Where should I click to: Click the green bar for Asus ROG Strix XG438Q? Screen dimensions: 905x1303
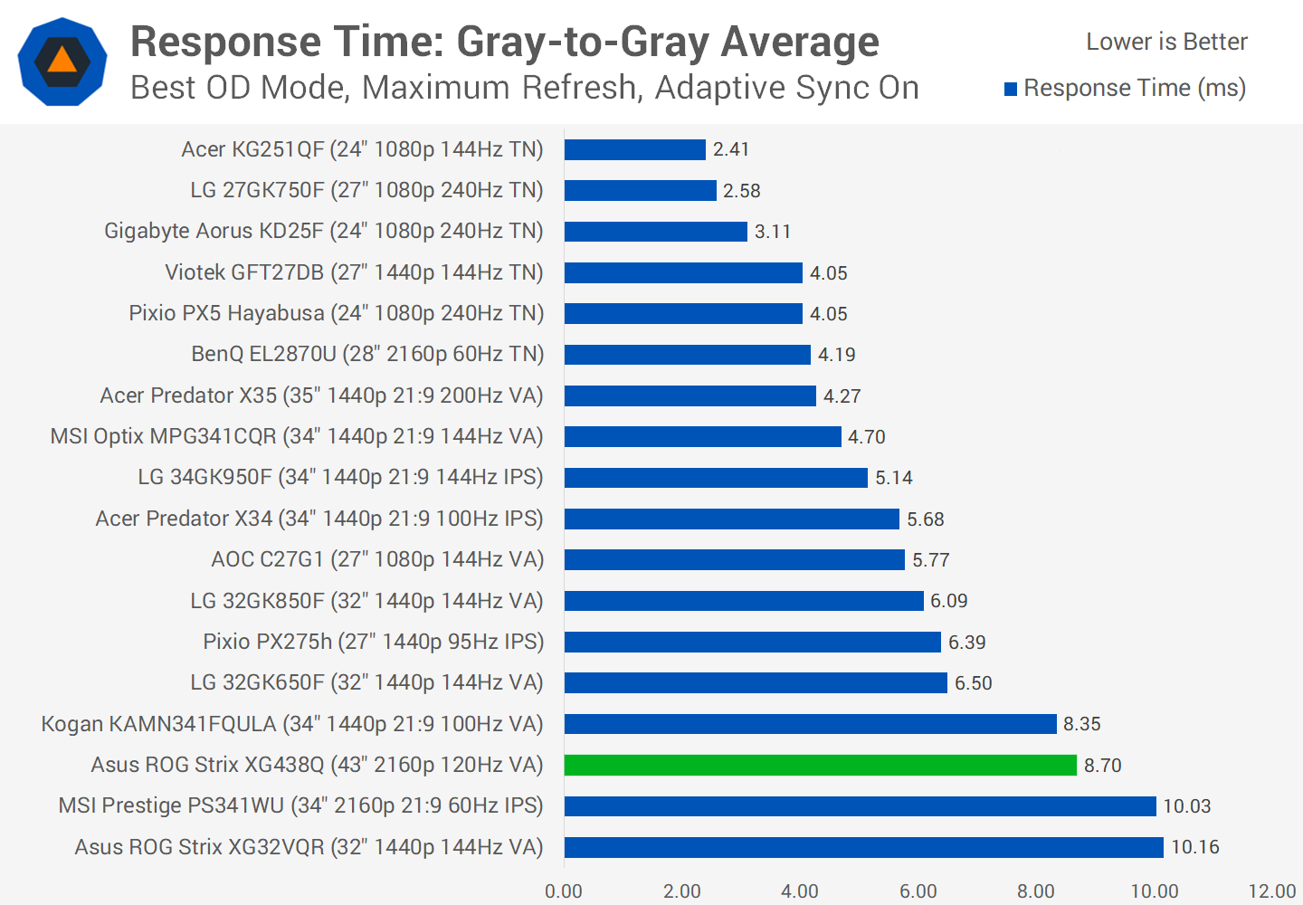(x=820, y=765)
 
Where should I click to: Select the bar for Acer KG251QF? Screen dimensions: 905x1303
(x=634, y=149)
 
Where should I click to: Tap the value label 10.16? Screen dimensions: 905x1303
(x=1195, y=847)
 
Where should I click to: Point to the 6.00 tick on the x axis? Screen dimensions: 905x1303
(x=918, y=891)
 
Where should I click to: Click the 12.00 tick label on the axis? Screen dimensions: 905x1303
(x=1271, y=891)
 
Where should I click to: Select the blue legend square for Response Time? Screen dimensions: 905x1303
(x=1011, y=89)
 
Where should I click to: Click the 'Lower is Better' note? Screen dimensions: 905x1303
(x=1166, y=42)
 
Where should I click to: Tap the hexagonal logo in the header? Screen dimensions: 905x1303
(x=62, y=62)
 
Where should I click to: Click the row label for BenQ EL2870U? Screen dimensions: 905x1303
(x=367, y=354)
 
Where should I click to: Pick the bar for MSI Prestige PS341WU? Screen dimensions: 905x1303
(x=860, y=805)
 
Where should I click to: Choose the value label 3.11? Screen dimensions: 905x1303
(x=773, y=232)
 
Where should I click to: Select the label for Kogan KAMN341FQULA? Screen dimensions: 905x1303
(x=292, y=724)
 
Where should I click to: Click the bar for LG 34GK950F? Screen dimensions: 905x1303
(x=716, y=477)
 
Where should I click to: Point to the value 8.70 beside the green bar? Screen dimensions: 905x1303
(x=1102, y=766)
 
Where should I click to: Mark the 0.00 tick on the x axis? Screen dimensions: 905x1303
(x=564, y=891)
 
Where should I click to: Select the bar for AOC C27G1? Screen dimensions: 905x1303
(x=734, y=559)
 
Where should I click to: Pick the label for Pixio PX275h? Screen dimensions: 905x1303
(x=374, y=642)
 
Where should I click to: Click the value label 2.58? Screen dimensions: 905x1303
(x=741, y=191)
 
